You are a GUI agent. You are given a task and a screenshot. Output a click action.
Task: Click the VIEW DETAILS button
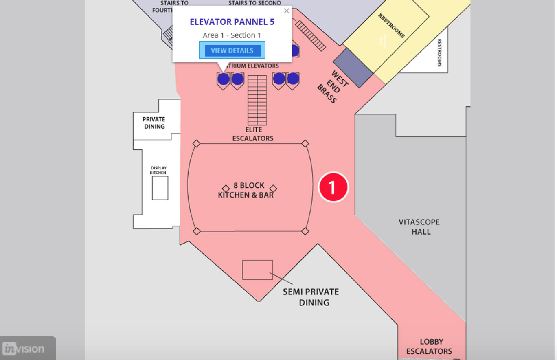point(232,50)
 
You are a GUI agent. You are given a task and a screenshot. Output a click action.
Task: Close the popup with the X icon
point(287,11)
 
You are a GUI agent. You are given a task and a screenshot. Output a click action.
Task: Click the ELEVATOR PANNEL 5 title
point(232,22)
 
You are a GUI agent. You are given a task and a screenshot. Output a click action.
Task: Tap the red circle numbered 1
point(333,187)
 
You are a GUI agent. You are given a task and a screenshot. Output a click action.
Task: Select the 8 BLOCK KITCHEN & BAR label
point(246,190)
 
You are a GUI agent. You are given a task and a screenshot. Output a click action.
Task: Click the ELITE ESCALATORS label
point(253,134)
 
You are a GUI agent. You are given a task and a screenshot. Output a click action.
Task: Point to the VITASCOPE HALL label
point(419,227)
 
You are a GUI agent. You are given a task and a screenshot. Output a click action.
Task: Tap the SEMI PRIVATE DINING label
point(311,297)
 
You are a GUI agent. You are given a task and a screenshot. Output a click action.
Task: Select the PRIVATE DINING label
point(154,123)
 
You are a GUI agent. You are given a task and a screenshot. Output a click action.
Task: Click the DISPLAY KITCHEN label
point(158,170)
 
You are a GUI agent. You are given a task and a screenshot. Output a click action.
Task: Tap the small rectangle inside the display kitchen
point(160,188)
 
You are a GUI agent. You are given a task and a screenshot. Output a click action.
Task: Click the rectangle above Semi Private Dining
point(257,270)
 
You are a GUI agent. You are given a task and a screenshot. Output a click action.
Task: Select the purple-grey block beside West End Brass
point(353,68)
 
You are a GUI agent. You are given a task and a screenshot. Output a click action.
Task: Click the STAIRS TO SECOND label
point(254,3)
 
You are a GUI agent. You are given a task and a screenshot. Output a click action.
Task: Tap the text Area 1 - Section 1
point(232,35)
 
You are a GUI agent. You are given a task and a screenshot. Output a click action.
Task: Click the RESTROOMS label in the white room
point(439,53)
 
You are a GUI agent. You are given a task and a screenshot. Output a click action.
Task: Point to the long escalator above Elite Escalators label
point(257,100)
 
